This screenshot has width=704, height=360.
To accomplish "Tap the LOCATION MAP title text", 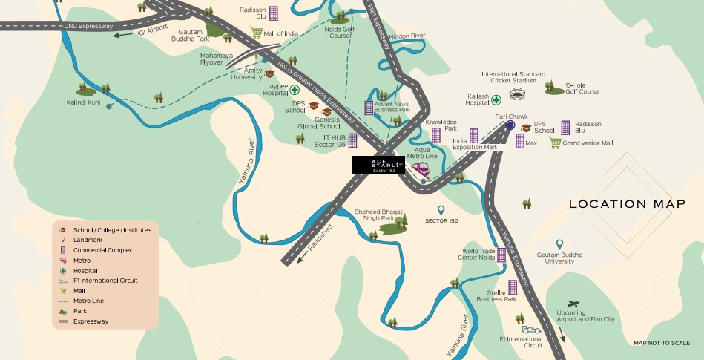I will pyautogui.click(x=627, y=204).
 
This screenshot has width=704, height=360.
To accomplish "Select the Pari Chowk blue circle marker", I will pyautogui.click(x=510, y=126).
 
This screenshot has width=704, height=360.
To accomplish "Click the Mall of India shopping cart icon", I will pyautogui.click(x=257, y=33).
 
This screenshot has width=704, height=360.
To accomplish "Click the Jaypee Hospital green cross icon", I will pyautogui.click(x=295, y=90).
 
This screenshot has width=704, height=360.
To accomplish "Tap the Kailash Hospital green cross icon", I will pyautogui.click(x=496, y=99).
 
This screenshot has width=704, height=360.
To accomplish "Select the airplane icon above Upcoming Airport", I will pyautogui.click(x=572, y=304).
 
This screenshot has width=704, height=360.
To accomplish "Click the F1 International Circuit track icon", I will pyautogui.click(x=531, y=329).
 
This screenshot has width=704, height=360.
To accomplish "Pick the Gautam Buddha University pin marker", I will pyautogui.click(x=560, y=244).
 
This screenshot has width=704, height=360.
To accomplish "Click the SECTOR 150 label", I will pyautogui.click(x=441, y=220).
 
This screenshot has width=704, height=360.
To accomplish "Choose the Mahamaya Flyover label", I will pyautogui.click(x=218, y=59).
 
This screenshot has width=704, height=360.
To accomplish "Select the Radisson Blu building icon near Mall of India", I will pyautogui.click(x=274, y=13).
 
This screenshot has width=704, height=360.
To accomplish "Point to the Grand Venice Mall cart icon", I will pyautogui.click(x=554, y=143).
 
